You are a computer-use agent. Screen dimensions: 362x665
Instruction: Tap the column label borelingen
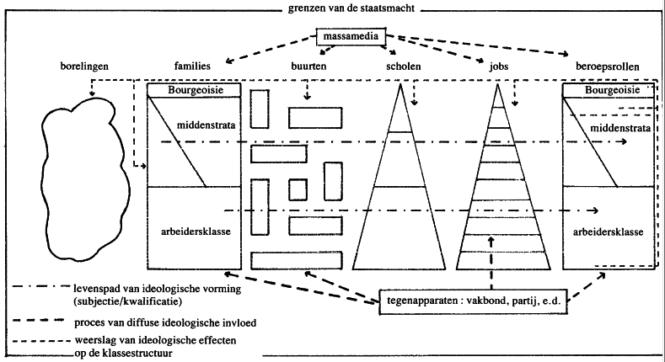83,65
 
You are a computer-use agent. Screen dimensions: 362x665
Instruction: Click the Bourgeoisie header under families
195,89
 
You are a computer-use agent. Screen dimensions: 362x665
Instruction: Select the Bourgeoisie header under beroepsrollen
608,89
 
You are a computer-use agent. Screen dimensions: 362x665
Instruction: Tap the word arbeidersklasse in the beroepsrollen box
609,230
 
